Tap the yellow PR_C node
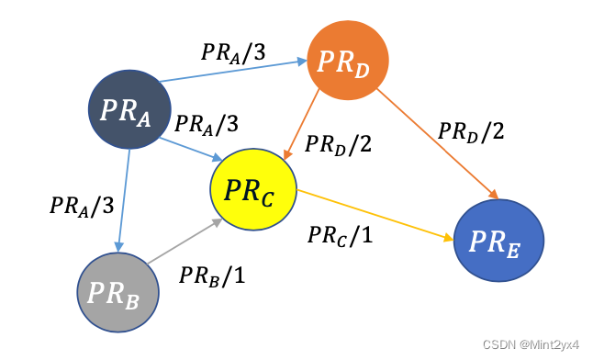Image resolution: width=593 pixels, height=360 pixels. pyautogui.click(x=253, y=190)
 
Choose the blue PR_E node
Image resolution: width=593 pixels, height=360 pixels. pyautogui.click(x=500, y=241)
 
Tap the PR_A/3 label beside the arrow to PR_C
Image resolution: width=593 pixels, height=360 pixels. pyautogui.click(x=207, y=122)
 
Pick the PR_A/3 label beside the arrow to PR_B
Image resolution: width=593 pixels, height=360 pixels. pyautogui.click(x=81, y=204)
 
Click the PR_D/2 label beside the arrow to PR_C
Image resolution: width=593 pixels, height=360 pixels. pyautogui.click(x=338, y=144)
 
